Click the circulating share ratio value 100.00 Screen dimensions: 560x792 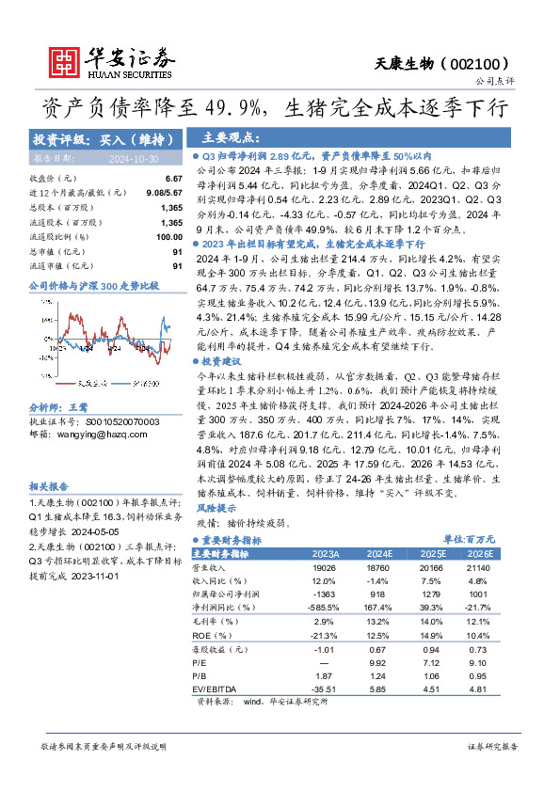(168, 236)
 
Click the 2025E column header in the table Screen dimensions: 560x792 (427, 554)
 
